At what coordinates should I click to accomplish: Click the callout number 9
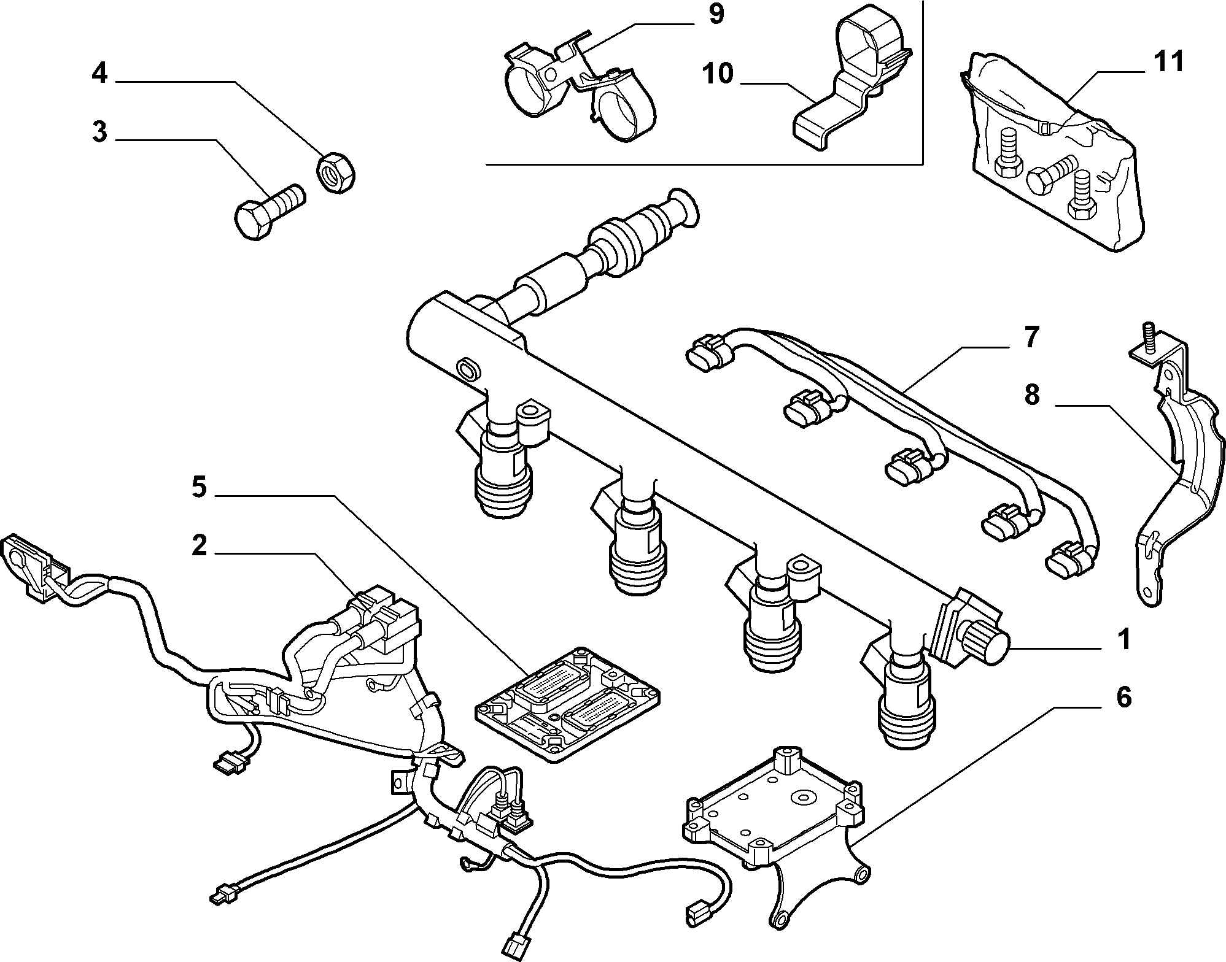[x=715, y=15]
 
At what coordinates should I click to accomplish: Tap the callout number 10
[x=718, y=74]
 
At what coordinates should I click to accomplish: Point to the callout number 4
[x=100, y=74]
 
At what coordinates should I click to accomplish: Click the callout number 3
[x=99, y=133]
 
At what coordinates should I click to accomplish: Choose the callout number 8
[x=1032, y=396]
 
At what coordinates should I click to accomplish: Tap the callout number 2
[x=199, y=546]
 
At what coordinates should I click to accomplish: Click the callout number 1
[x=1124, y=640]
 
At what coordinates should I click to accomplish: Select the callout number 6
[x=1123, y=698]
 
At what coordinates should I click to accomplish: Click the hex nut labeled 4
[x=336, y=173]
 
